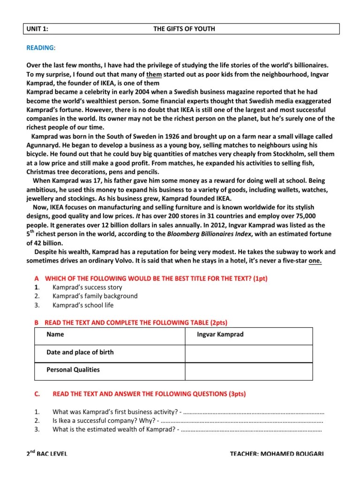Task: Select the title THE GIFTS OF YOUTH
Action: click(184, 29)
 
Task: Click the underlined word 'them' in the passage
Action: click(154, 74)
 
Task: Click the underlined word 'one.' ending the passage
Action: click(315, 261)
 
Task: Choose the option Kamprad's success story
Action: click(87, 287)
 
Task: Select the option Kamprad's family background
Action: click(95, 296)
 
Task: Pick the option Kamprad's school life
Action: click(83, 305)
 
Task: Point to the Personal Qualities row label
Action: click(73, 369)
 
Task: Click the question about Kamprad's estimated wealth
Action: click(114, 429)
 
